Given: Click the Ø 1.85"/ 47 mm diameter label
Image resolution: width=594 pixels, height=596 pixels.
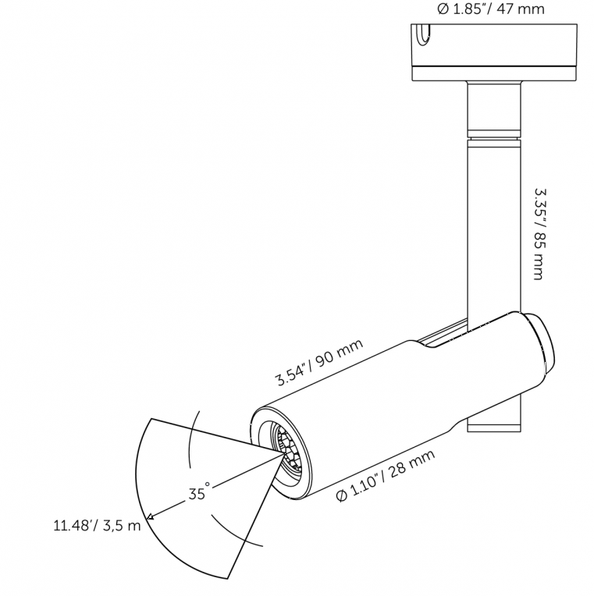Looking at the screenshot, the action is click(x=491, y=9).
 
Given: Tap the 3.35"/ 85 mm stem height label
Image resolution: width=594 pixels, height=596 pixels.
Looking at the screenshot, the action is click(x=539, y=234).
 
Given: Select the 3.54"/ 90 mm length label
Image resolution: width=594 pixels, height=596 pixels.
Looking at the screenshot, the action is click(x=319, y=362).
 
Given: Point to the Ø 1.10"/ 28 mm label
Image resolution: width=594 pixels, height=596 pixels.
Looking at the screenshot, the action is click(x=386, y=476).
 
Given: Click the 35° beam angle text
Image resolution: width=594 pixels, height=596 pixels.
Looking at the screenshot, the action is click(x=199, y=491).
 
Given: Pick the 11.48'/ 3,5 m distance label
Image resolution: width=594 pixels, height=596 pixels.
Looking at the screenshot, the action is click(x=97, y=526).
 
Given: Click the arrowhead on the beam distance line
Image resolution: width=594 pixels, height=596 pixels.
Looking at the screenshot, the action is click(x=151, y=516).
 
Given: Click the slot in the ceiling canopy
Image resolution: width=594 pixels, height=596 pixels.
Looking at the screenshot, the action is click(x=422, y=35).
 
